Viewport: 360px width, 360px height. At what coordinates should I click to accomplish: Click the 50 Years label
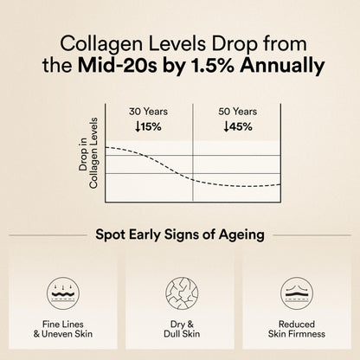click(x=236, y=112)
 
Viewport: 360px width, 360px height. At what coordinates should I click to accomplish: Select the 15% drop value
click(x=150, y=126)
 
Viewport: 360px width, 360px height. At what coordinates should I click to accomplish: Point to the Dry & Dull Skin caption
click(x=180, y=327)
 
